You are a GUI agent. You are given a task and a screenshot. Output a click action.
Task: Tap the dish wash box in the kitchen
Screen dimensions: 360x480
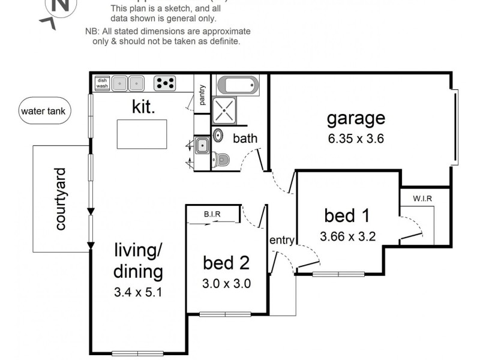[101, 83]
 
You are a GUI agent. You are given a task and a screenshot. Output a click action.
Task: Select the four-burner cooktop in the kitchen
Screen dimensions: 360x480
[164, 83]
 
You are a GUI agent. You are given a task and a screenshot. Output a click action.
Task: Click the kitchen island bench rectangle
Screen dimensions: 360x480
[142, 134]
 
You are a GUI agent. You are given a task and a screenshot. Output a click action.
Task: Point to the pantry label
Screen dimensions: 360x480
[203, 95]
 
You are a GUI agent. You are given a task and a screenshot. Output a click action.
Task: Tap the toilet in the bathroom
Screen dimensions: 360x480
[221, 160]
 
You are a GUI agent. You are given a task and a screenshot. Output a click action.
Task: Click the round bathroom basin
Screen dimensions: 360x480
[218, 135]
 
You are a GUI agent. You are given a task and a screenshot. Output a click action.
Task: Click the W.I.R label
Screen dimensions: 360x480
[422, 199]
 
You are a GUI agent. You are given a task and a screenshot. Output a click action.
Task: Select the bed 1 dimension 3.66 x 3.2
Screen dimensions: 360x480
[348, 236]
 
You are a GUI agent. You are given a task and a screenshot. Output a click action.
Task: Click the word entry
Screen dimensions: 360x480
[281, 241]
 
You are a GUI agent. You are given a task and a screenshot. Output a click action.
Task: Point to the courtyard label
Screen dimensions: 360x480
[60, 199]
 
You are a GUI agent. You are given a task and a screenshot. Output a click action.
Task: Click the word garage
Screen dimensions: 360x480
[356, 118]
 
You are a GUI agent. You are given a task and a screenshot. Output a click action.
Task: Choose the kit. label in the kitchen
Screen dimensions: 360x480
[144, 107]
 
